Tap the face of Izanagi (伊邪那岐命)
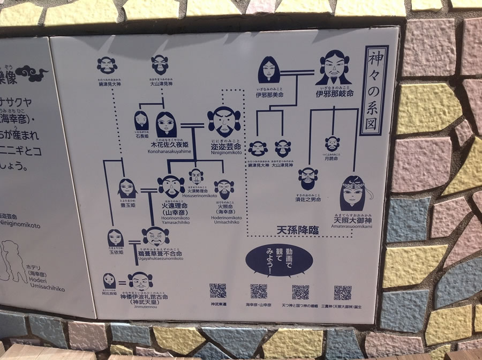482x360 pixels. click(x=333, y=68)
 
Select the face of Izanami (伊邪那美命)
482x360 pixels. click(x=269, y=70)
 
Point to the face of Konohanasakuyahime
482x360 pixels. click(x=166, y=124)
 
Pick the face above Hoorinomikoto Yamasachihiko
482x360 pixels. click(x=171, y=186)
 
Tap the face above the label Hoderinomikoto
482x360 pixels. click(x=224, y=187)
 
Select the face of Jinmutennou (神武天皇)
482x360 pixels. click(x=140, y=280)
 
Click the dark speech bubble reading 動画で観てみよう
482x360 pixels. click(x=280, y=261)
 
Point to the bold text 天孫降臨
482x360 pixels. click(x=297, y=230)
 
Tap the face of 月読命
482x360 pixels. click(x=332, y=144)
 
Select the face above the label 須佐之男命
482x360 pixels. click(x=308, y=178)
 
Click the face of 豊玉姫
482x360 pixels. click(x=127, y=187)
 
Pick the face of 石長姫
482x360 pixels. click(x=141, y=120)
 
